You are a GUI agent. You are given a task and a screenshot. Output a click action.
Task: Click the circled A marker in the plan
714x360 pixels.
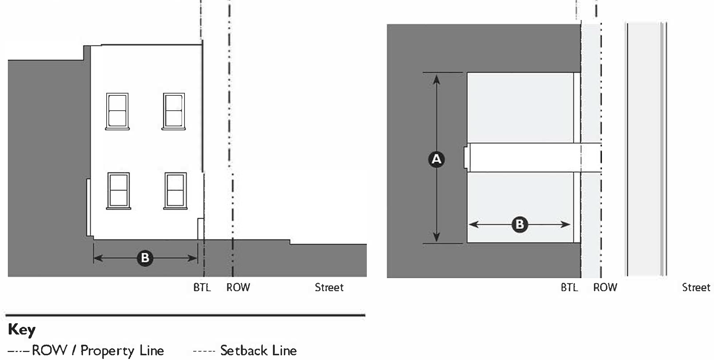tap(436, 159)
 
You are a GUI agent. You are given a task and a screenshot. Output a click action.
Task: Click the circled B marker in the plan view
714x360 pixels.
tap(520, 224)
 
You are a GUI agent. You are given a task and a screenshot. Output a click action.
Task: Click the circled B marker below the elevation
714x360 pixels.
tap(145, 258)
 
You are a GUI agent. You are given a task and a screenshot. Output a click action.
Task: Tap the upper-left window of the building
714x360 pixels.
tap(117, 111)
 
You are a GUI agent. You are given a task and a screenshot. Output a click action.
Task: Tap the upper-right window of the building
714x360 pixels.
tap(174, 111)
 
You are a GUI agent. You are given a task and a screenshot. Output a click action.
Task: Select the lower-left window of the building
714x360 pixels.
tap(118, 191)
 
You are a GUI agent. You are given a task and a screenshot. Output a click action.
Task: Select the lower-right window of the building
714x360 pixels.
tap(175, 191)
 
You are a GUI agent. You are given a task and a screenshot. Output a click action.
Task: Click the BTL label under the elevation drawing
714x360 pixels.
tap(202, 288)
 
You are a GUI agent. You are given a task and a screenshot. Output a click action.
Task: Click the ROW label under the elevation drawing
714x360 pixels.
tap(238, 288)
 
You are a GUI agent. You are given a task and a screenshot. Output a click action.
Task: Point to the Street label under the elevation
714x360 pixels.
tap(329, 288)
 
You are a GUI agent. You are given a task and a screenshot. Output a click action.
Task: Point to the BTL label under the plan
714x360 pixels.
tap(569, 288)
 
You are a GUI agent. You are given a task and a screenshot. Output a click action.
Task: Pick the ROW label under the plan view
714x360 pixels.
tap(605, 288)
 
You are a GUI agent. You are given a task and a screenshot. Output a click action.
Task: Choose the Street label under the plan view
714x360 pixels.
tap(696, 288)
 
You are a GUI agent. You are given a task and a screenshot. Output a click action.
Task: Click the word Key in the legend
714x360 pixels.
tap(21, 330)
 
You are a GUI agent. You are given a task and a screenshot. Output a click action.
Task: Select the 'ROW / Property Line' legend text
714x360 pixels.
tap(98, 351)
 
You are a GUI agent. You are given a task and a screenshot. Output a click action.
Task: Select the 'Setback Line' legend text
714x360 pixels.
tap(258, 351)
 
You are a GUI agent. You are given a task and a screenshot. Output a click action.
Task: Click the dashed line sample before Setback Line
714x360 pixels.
tap(204, 351)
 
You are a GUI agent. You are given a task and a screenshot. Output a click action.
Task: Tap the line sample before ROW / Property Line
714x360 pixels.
tap(19, 351)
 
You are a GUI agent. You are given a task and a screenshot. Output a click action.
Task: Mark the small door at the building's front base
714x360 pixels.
tap(201, 229)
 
